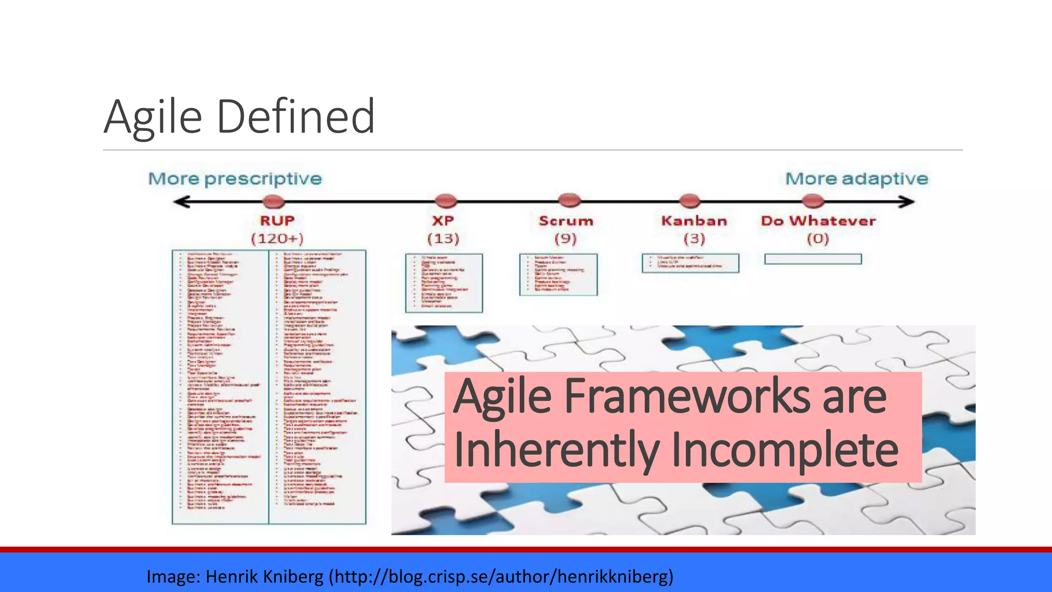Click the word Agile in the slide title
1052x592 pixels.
(x=153, y=117)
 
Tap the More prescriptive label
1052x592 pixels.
(x=235, y=179)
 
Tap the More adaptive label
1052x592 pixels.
(x=856, y=179)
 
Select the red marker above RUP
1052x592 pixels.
(x=273, y=201)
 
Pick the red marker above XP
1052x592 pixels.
(x=445, y=200)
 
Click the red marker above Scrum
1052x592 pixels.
(x=569, y=199)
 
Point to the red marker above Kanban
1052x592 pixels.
(x=689, y=200)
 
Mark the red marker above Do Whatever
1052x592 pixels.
(x=813, y=200)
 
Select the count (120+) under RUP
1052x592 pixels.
(x=277, y=239)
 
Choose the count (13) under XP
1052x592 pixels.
(x=443, y=239)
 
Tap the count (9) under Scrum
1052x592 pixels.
(x=566, y=239)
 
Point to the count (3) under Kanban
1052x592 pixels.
(x=694, y=239)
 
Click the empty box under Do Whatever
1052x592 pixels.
(x=813, y=259)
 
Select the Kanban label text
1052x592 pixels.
(x=694, y=221)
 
